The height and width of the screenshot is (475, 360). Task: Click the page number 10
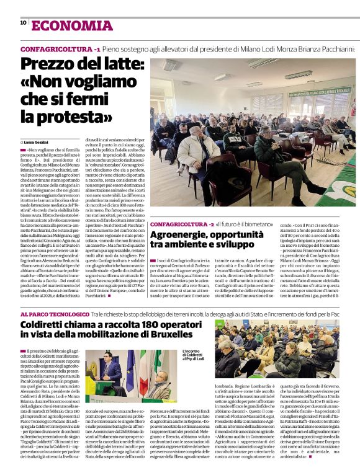tap(23, 23)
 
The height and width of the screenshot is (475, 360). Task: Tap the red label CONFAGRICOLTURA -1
tap(60, 48)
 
